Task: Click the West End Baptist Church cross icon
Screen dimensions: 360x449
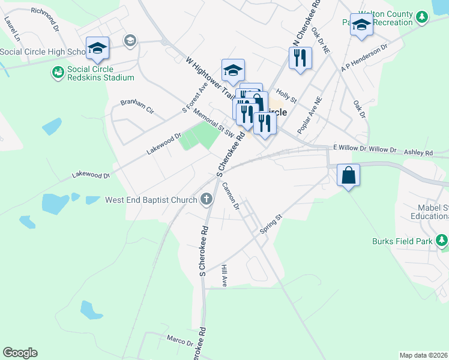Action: tap(207, 199)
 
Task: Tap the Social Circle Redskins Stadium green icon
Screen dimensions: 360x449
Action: tap(58, 73)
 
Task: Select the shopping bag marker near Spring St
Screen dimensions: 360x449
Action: tap(348, 176)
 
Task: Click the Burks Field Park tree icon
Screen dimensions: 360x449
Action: tap(442, 241)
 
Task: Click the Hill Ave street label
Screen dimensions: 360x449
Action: tap(224, 275)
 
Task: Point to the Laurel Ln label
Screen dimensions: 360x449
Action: tap(12, 28)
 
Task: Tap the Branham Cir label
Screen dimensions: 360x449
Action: tap(137, 106)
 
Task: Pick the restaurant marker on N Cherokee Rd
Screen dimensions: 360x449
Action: tap(300, 59)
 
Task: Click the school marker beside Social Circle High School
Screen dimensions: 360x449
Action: tap(97, 49)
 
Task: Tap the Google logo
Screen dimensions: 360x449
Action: tap(20, 353)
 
